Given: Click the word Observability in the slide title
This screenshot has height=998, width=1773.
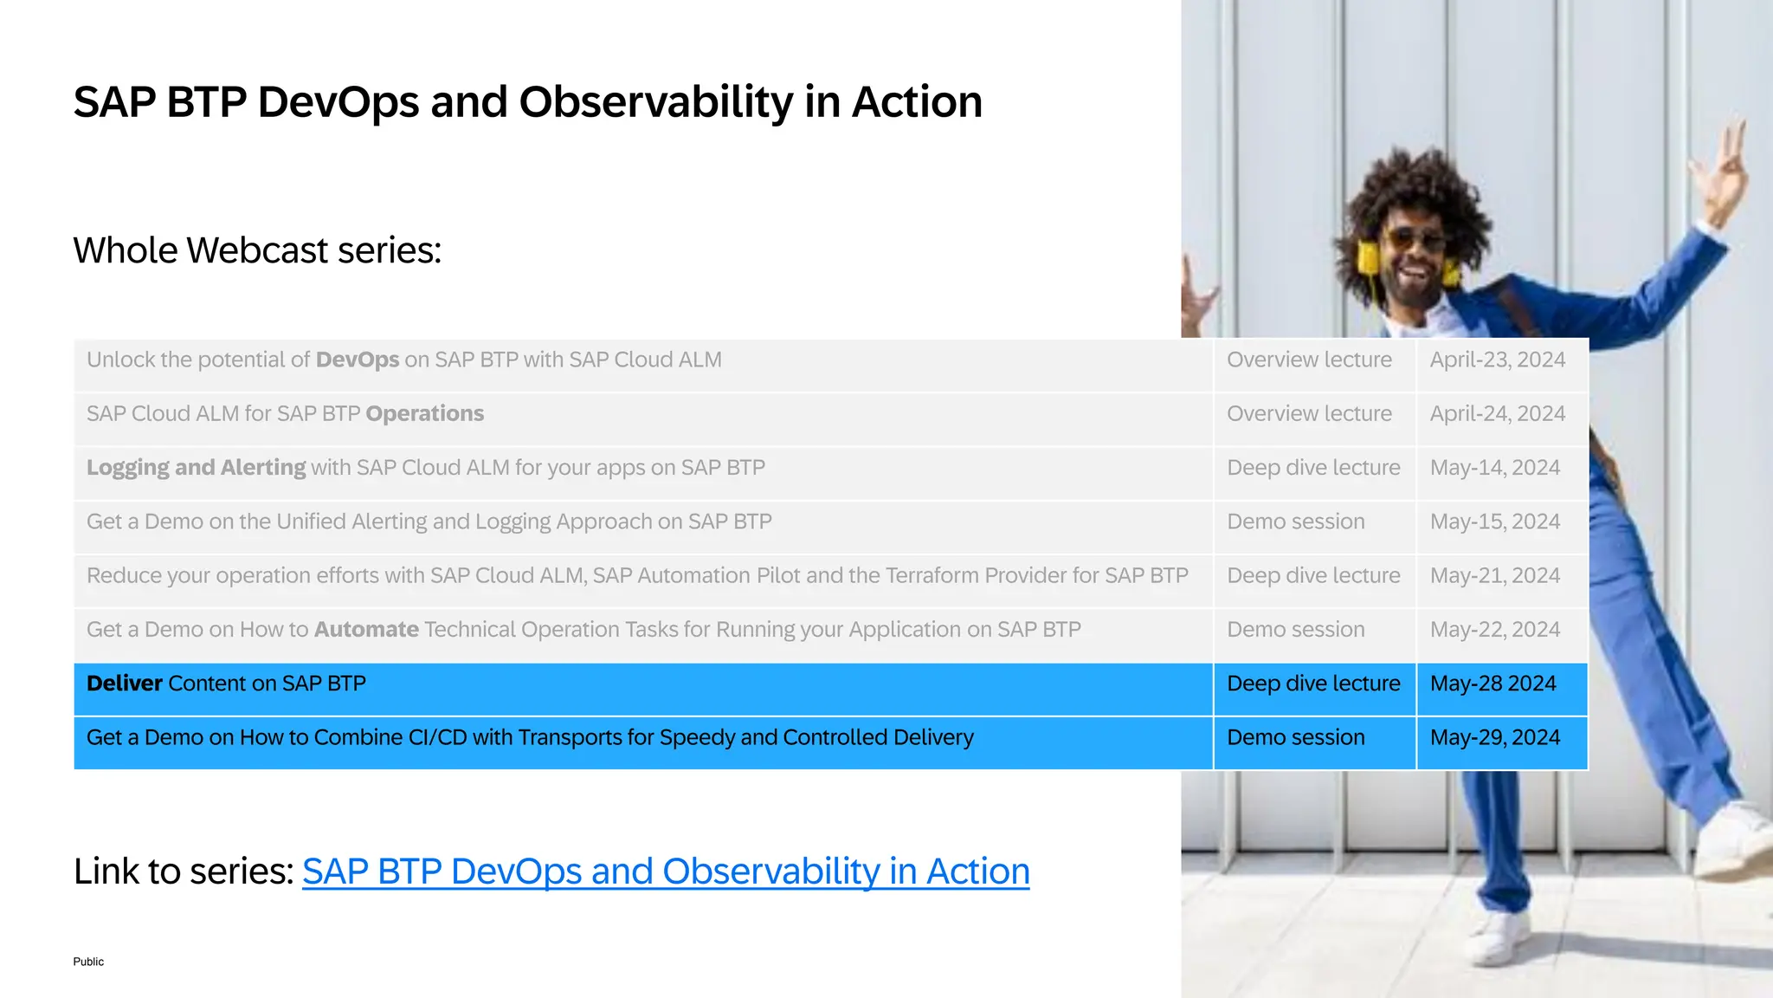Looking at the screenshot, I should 654,102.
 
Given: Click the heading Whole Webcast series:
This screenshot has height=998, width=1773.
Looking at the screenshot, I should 257,250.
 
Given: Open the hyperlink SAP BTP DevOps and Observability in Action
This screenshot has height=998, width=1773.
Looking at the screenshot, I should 665,872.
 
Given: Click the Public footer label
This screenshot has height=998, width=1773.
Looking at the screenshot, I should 88,962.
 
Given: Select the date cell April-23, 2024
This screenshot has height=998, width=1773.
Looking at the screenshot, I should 1497,360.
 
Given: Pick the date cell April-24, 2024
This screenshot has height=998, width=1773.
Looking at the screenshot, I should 1497,414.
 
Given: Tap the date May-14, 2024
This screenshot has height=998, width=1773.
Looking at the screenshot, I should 1494,468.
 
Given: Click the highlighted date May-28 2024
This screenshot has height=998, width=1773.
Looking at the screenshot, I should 1493,684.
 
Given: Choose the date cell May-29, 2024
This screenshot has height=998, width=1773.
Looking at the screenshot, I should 1494,737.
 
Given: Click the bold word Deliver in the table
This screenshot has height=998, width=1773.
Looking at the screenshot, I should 124,684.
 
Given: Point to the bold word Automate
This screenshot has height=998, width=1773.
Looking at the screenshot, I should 365,630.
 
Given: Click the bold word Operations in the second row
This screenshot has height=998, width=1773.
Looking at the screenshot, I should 424,414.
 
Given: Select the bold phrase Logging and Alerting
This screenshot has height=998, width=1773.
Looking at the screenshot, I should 196,468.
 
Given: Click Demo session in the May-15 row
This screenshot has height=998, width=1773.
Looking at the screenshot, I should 1295,522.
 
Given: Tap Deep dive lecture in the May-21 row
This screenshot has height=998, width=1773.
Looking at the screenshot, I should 1312,576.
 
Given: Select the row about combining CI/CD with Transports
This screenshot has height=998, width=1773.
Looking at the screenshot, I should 529,738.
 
